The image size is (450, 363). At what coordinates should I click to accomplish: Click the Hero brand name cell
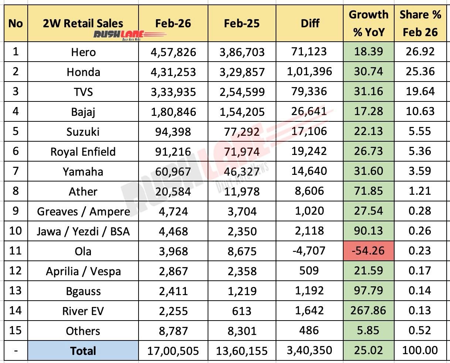[83, 52]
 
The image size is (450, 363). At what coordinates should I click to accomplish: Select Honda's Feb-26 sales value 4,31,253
[173, 72]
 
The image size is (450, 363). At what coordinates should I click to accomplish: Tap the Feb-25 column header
[242, 23]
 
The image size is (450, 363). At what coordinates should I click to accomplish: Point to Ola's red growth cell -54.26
[368, 251]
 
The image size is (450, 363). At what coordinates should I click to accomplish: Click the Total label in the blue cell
[83, 350]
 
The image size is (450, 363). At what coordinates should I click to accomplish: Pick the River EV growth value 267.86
[368, 311]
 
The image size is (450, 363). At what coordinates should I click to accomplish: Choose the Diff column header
[310, 23]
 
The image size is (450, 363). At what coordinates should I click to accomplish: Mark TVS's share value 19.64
[420, 91]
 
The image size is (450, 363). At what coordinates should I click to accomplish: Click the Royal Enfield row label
[83, 152]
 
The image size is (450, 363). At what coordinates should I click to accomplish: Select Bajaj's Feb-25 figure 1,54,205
[242, 111]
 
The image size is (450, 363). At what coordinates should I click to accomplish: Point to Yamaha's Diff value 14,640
[310, 171]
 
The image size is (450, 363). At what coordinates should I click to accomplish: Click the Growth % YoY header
[368, 23]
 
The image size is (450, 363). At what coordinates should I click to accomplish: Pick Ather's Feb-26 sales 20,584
[173, 191]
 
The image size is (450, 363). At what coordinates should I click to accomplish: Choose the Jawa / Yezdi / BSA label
[83, 231]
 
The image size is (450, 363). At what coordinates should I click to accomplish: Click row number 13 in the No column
[16, 291]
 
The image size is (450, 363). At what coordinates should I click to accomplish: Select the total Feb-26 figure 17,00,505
[173, 350]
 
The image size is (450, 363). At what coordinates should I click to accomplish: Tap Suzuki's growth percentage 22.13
[368, 131]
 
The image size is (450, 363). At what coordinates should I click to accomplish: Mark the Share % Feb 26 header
[420, 23]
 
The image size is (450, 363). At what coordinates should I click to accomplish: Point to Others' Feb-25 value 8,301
[242, 331]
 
